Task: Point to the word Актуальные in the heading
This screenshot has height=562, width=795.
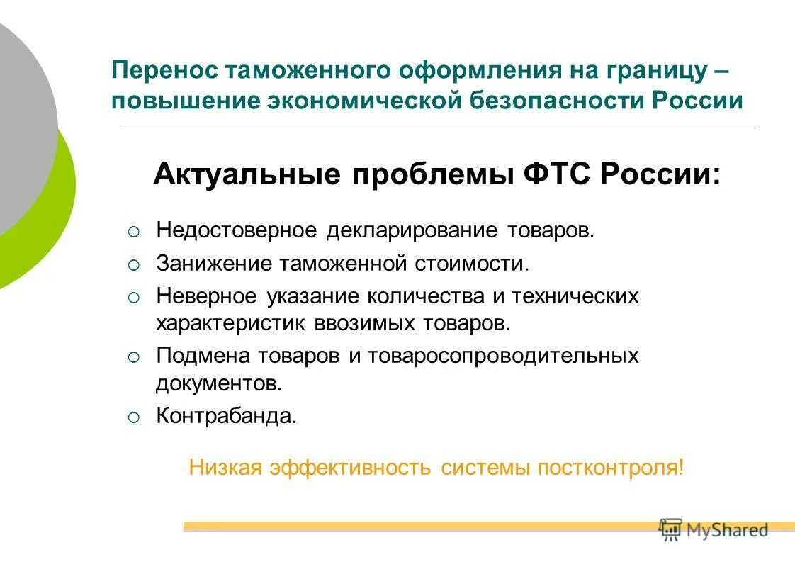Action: [247, 173]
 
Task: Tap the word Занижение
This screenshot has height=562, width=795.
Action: [214, 264]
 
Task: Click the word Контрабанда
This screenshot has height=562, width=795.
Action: [226, 415]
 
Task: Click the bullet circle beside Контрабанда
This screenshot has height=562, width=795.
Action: [135, 417]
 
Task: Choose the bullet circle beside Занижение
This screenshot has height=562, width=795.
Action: [135, 265]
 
